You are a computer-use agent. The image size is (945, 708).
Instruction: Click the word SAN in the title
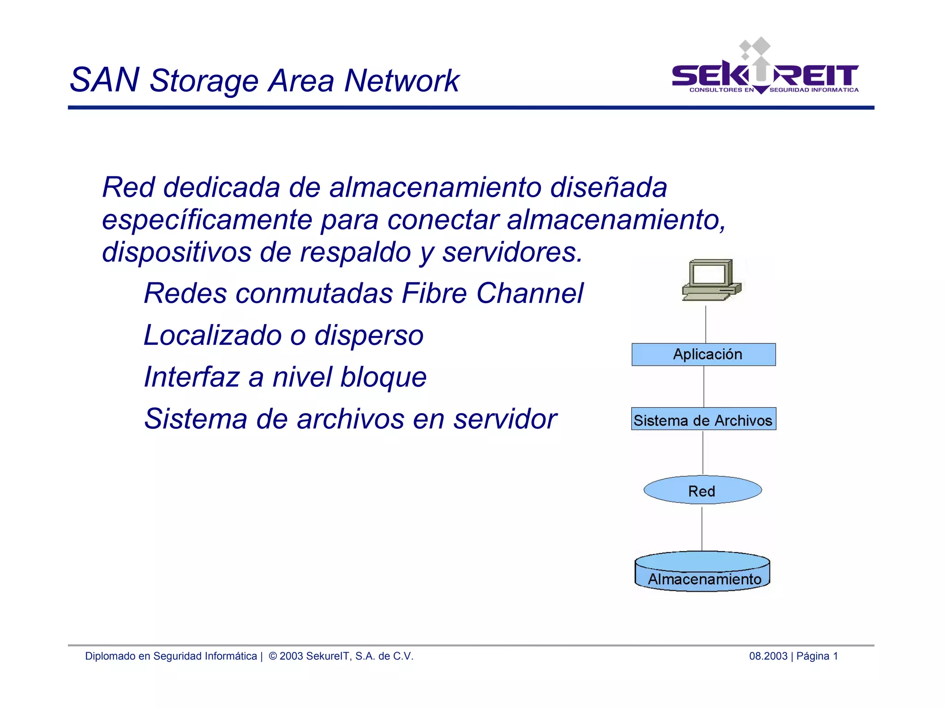tap(104, 80)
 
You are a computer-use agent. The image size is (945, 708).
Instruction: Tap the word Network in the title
tap(401, 81)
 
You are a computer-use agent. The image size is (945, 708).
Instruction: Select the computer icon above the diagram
tap(711, 280)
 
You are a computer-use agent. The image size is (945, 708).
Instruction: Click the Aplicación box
tap(704, 354)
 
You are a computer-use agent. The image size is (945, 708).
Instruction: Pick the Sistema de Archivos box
tap(703, 419)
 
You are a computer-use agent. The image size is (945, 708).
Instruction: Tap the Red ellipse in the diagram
tap(702, 490)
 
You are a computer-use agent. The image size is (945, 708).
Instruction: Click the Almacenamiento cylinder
tap(702, 572)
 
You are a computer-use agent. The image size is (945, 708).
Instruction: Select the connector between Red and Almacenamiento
tap(702, 528)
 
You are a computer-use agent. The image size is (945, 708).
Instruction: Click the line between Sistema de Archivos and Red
tap(703, 452)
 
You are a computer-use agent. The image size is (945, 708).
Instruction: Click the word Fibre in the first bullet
tap(434, 294)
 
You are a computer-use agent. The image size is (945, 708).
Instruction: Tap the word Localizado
tap(212, 336)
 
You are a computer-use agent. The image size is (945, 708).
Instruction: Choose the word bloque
tap(383, 378)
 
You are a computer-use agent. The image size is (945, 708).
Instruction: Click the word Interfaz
tap(191, 377)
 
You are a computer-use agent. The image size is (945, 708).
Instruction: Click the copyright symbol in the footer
tap(273, 656)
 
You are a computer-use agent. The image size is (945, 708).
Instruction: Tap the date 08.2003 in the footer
tap(768, 656)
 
